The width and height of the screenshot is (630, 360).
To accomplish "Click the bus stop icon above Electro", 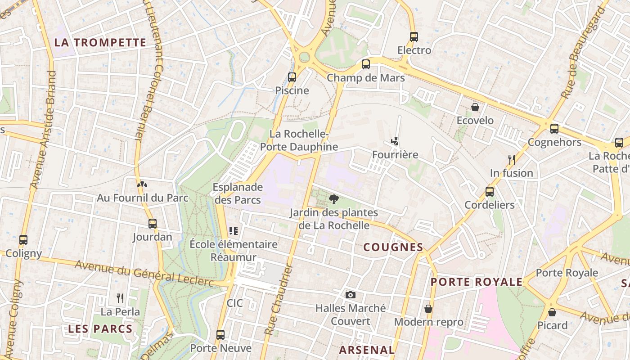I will [414, 37].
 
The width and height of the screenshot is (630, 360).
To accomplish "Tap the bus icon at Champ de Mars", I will [366, 64].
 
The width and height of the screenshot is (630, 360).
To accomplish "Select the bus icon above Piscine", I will [292, 77].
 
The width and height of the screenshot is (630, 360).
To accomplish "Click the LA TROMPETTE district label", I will [100, 43].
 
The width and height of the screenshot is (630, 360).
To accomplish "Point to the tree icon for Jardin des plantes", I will [334, 199].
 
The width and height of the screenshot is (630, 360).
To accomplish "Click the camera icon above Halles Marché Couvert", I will [351, 295].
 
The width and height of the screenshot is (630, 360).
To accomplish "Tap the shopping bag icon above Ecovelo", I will [475, 107].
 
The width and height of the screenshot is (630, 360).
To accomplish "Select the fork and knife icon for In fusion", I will [512, 159].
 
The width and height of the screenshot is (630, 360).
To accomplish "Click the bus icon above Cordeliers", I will [490, 192].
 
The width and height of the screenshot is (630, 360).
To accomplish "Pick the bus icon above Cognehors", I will [554, 129].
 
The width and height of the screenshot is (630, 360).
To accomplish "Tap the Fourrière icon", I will [395, 141].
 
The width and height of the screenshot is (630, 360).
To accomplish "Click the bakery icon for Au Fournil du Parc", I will [142, 184].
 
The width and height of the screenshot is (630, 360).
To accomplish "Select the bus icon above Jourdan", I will [153, 224].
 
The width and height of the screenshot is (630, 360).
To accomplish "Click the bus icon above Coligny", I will [23, 240].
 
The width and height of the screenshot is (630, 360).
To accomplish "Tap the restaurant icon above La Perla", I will [120, 298].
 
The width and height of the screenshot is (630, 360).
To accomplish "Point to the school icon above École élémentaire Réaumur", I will [233, 231].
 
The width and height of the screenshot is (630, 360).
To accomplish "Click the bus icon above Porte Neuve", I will [220, 335].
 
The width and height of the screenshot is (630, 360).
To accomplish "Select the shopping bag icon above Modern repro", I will [428, 309].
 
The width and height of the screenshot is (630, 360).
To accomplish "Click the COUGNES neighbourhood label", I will [393, 247].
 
